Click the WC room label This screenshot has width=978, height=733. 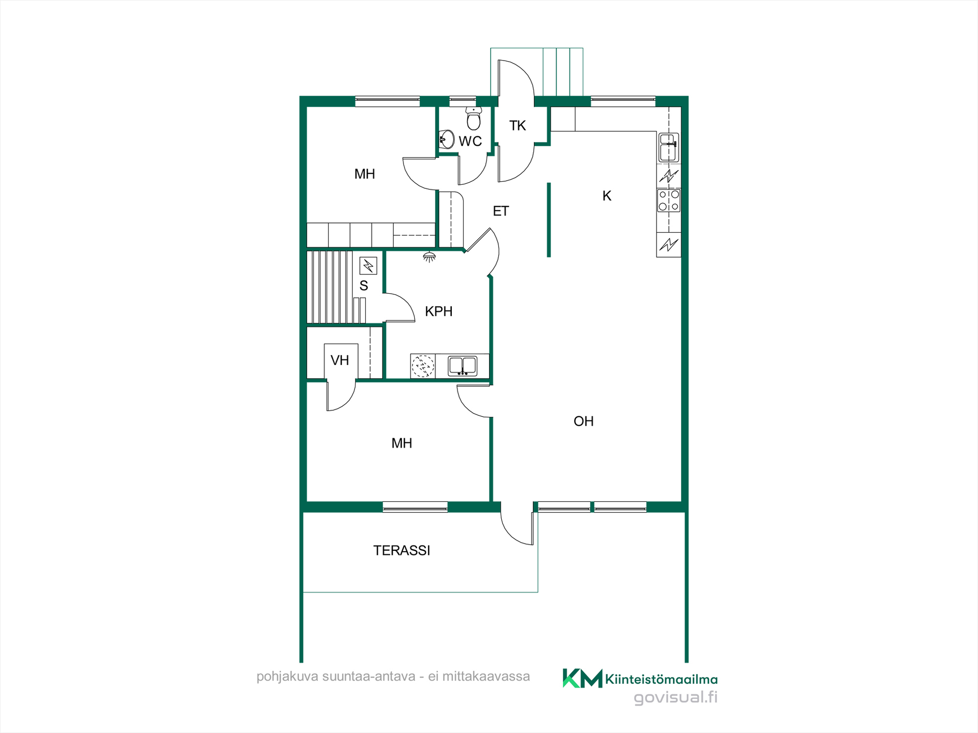470,141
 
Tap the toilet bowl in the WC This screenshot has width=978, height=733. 474,119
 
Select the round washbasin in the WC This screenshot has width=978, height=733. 447,139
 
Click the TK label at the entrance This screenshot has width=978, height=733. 518,126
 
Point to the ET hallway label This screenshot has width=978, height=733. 501,211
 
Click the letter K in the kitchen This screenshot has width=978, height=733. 607,196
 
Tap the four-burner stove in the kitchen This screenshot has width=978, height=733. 669,200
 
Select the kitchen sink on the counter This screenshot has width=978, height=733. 669,147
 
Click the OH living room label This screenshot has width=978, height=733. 584,421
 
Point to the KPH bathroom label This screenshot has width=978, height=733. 439,311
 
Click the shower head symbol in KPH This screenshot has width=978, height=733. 429,257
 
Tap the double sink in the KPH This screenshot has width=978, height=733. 463,366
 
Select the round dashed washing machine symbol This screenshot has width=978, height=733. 423,366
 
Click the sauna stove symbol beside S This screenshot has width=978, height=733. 368,266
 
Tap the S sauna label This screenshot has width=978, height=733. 364,286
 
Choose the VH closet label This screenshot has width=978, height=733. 340,360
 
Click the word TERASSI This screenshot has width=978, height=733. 401,550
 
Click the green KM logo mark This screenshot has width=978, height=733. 582,678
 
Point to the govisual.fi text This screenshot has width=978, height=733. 675,697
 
